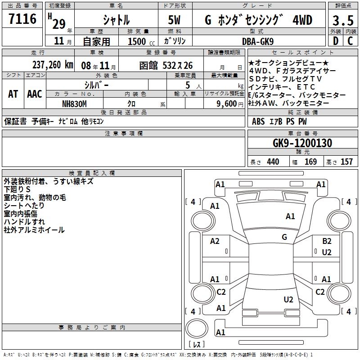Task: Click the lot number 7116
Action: tap(22, 19)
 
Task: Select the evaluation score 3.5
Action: tap(342, 20)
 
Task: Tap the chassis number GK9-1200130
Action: tap(302, 143)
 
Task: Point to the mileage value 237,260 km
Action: tap(53, 65)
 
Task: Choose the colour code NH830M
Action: tap(75, 103)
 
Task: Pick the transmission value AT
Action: tap(13, 94)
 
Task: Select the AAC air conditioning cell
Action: tap(35, 94)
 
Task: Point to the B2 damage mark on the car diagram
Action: tap(327, 241)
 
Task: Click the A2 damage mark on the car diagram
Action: tap(215, 241)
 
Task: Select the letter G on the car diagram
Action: tap(284, 237)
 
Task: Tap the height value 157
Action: tap(346, 162)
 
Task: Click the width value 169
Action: tap(310, 162)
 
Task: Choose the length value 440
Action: tap(273, 162)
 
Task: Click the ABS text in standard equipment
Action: tap(258, 121)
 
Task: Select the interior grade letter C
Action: tap(350, 41)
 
